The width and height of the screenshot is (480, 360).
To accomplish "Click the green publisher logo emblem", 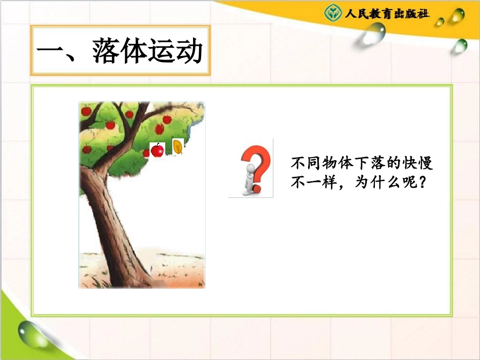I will [332, 13].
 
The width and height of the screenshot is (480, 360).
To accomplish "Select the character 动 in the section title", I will [189, 52].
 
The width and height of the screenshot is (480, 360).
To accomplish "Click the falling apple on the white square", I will [158, 150].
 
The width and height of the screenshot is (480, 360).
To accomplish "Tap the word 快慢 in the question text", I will [417, 164].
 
